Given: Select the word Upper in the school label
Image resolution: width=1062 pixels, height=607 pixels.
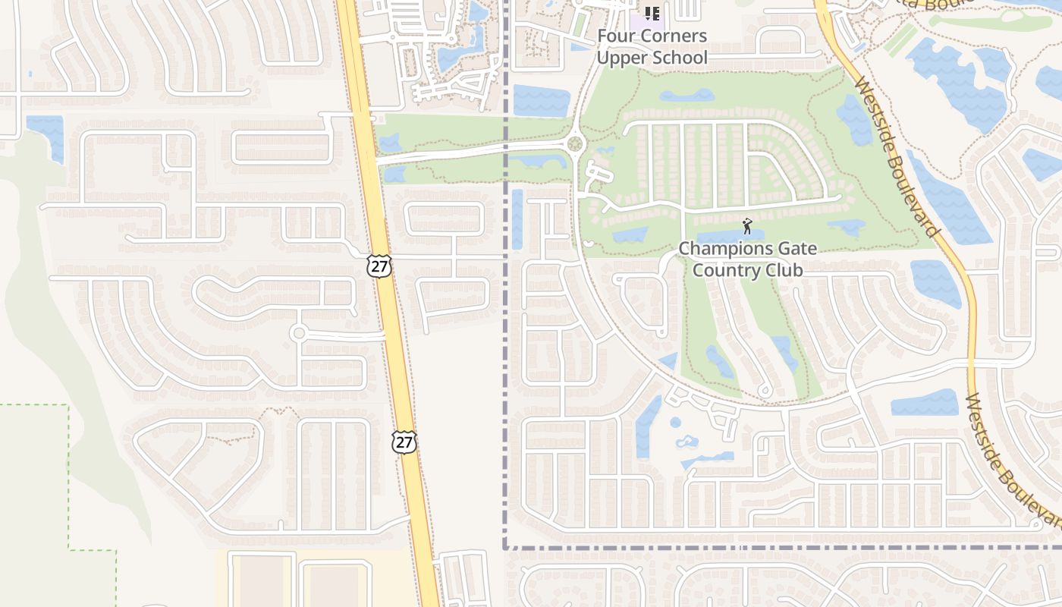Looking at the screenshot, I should pos(621,57).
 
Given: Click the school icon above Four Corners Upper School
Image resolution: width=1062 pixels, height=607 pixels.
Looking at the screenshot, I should pos(652,13).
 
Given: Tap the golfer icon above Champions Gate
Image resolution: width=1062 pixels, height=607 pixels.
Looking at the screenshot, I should pos(747,226).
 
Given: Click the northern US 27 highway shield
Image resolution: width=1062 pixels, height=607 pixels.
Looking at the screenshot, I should pos(379,266).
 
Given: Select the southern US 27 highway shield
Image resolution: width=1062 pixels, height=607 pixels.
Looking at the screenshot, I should pos(404,442).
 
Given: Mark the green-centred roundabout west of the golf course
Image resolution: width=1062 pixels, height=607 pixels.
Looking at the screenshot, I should pos(574,144).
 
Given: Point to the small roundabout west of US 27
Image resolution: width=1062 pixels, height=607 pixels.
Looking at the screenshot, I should pos(298,332).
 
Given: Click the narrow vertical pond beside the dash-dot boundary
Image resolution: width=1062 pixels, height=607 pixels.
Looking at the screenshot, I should pos(517,219).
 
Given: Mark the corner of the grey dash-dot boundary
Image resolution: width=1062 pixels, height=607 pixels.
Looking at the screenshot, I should pos(505,546).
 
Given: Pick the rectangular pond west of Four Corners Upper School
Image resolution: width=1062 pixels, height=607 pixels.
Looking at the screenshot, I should pos(541,101).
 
